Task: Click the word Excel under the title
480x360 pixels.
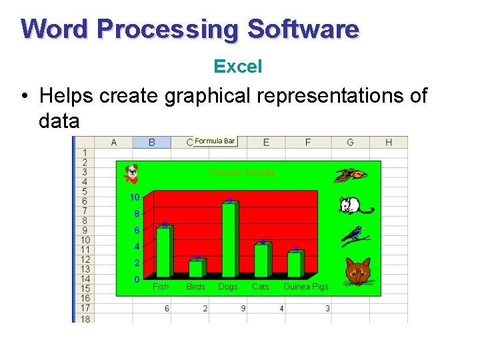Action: [x=238, y=67]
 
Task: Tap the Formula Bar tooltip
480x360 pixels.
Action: [x=215, y=141]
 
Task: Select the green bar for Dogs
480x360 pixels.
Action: [x=229, y=240]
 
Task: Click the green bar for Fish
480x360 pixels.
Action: [x=164, y=252]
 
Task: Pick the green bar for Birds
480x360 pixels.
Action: [x=197, y=268]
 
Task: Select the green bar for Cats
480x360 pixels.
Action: [x=262, y=260]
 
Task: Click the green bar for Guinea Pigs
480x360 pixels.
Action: [x=295, y=265]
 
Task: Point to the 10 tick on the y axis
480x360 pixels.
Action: [x=135, y=197]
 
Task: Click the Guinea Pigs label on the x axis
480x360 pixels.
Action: [x=306, y=287]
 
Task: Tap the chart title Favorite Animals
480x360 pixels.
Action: [x=242, y=173]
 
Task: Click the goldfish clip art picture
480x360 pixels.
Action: [x=351, y=175]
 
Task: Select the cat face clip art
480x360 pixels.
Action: [x=357, y=271]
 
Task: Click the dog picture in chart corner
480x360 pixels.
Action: [x=132, y=173]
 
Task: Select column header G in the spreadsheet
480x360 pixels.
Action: [x=351, y=142]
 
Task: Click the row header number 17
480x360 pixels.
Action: [x=85, y=309]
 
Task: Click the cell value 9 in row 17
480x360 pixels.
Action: [x=243, y=309]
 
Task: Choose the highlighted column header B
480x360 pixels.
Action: [x=152, y=142]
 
